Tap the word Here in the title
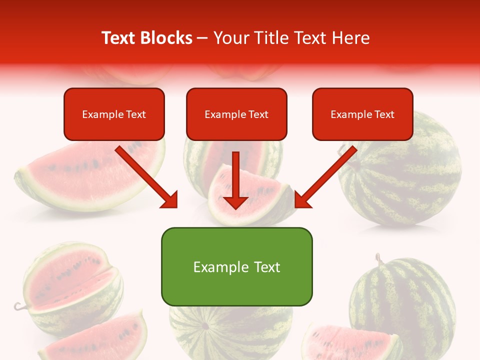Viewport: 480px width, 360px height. (350, 38)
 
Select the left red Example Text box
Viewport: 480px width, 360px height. (114, 114)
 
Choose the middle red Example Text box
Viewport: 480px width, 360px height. (236, 114)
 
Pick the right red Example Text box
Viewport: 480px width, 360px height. (362, 114)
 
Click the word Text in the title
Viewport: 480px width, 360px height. (118, 38)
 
